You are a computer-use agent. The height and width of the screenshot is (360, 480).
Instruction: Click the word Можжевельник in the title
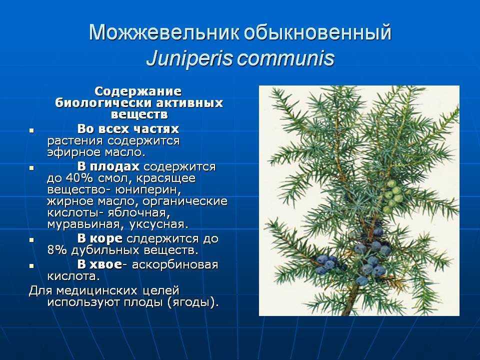click(x=163, y=32)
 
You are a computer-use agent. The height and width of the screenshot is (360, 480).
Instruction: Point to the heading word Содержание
click(x=138, y=91)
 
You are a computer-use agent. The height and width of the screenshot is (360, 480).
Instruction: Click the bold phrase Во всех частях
click(x=128, y=129)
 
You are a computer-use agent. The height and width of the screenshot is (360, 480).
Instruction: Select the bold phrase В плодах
click(x=108, y=166)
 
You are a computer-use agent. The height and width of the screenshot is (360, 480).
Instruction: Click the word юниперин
click(x=148, y=190)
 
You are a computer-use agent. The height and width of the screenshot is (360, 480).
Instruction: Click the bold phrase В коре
click(x=100, y=238)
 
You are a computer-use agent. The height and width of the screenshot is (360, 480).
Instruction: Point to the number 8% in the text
click(x=57, y=250)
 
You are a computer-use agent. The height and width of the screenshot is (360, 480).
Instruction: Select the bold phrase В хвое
click(x=100, y=264)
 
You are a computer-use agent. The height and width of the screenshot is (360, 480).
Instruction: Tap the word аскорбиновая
click(x=175, y=264)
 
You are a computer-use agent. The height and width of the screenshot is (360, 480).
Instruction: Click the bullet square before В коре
click(x=31, y=240)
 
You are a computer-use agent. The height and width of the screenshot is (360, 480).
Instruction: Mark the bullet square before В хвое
click(x=31, y=266)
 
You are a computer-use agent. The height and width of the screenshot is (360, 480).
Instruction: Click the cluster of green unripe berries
click(x=394, y=196)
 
